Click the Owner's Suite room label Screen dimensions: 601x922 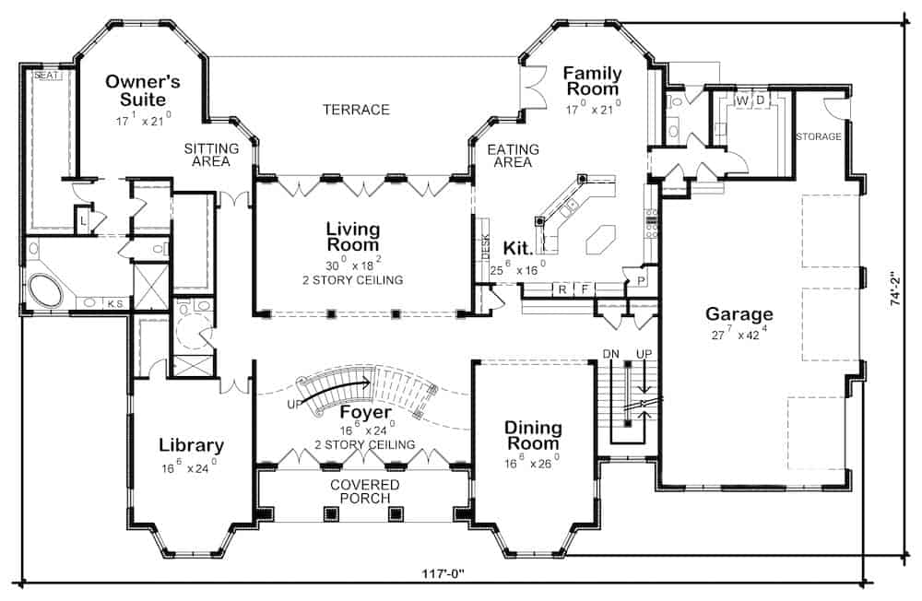pos(143,89)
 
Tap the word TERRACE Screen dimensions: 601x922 pos(356,110)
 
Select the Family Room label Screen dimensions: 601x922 pos(593,81)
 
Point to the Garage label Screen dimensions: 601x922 pos(739,313)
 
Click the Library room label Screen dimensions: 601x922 pos(191,445)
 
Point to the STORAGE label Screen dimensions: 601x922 pos(818,136)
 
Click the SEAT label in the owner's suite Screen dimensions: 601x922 pos(46,77)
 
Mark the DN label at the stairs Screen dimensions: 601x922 pos(610,353)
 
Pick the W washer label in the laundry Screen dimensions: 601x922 pos(740,100)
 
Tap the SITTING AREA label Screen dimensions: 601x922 pos(211,155)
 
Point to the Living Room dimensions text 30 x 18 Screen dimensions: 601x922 pos(353,264)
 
